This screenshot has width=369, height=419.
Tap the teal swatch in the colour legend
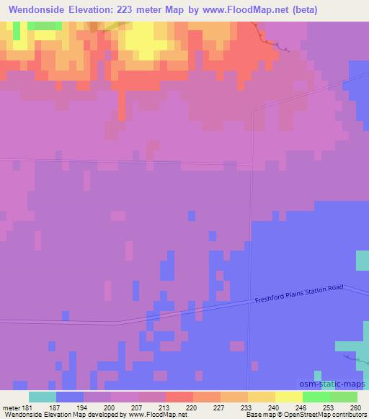coord(43,397)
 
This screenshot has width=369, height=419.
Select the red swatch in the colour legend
coord(179,397)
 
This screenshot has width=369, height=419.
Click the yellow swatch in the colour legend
coord(289,397)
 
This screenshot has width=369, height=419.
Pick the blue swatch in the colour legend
coord(70,397)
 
